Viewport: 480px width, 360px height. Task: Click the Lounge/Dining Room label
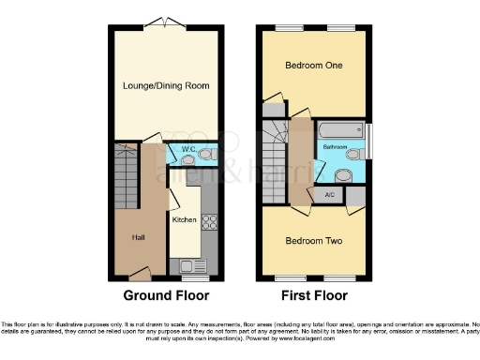pyautogui.click(x=166, y=85)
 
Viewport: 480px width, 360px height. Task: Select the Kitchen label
pyautogui.click(x=184, y=219)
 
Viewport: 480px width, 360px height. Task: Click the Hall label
pyautogui.click(x=136, y=236)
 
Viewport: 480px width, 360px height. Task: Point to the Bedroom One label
pyautogui.click(x=314, y=67)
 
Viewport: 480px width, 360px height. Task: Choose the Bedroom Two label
pyautogui.click(x=314, y=241)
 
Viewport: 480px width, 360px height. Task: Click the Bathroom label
pyautogui.click(x=336, y=148)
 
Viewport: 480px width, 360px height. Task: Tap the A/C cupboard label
pyautogui.click(x=329, y=195)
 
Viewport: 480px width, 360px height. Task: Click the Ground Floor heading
pyautogui.click(x=166, y=294)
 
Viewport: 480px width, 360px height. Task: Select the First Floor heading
pyautogui.click(x=314, y=294)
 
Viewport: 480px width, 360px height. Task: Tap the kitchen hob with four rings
pyautogui.click(x=210, y=223)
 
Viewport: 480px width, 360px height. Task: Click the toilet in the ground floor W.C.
pyautogui.click(x=208, y=153)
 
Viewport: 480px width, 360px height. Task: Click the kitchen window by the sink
pyautogui.click(x=194, y=279)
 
